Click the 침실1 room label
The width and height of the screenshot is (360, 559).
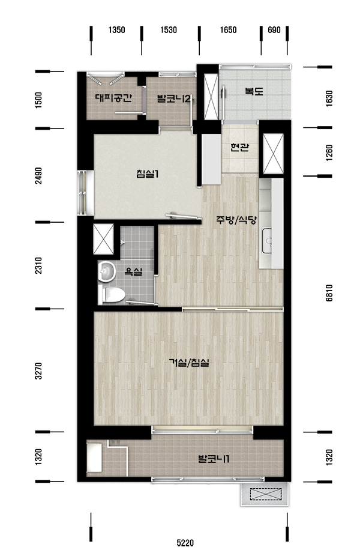coord(147,174)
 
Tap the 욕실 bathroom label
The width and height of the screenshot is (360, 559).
coord(133,272)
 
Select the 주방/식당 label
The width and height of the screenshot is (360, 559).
coord(236,220)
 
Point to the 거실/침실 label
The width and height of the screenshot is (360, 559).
coord(189,363)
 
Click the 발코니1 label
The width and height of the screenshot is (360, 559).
coord(213,459)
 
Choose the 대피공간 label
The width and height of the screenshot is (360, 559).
coord(113,98)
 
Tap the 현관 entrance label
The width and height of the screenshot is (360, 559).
coord(239,147)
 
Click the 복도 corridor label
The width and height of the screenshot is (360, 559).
coord(254,91)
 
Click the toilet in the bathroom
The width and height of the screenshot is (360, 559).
coord(112,295)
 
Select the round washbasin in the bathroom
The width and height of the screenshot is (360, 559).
coord(107,272)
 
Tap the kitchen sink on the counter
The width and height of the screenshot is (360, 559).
coord(267,241)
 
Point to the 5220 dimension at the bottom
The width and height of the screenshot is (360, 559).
coord(185,543)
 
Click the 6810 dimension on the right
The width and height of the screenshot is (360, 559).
coord(329,293)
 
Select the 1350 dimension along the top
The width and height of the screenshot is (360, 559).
coord(117,30)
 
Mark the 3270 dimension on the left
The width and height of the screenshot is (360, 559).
coord(38,371)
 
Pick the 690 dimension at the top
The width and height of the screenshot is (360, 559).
coord(274,30)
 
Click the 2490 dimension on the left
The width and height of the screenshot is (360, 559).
coord(38,176)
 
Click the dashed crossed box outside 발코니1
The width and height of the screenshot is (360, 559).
coord(265,494)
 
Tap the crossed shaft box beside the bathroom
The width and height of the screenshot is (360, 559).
coord(103,239)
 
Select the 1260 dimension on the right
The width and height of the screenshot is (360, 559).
coord(329,153)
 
